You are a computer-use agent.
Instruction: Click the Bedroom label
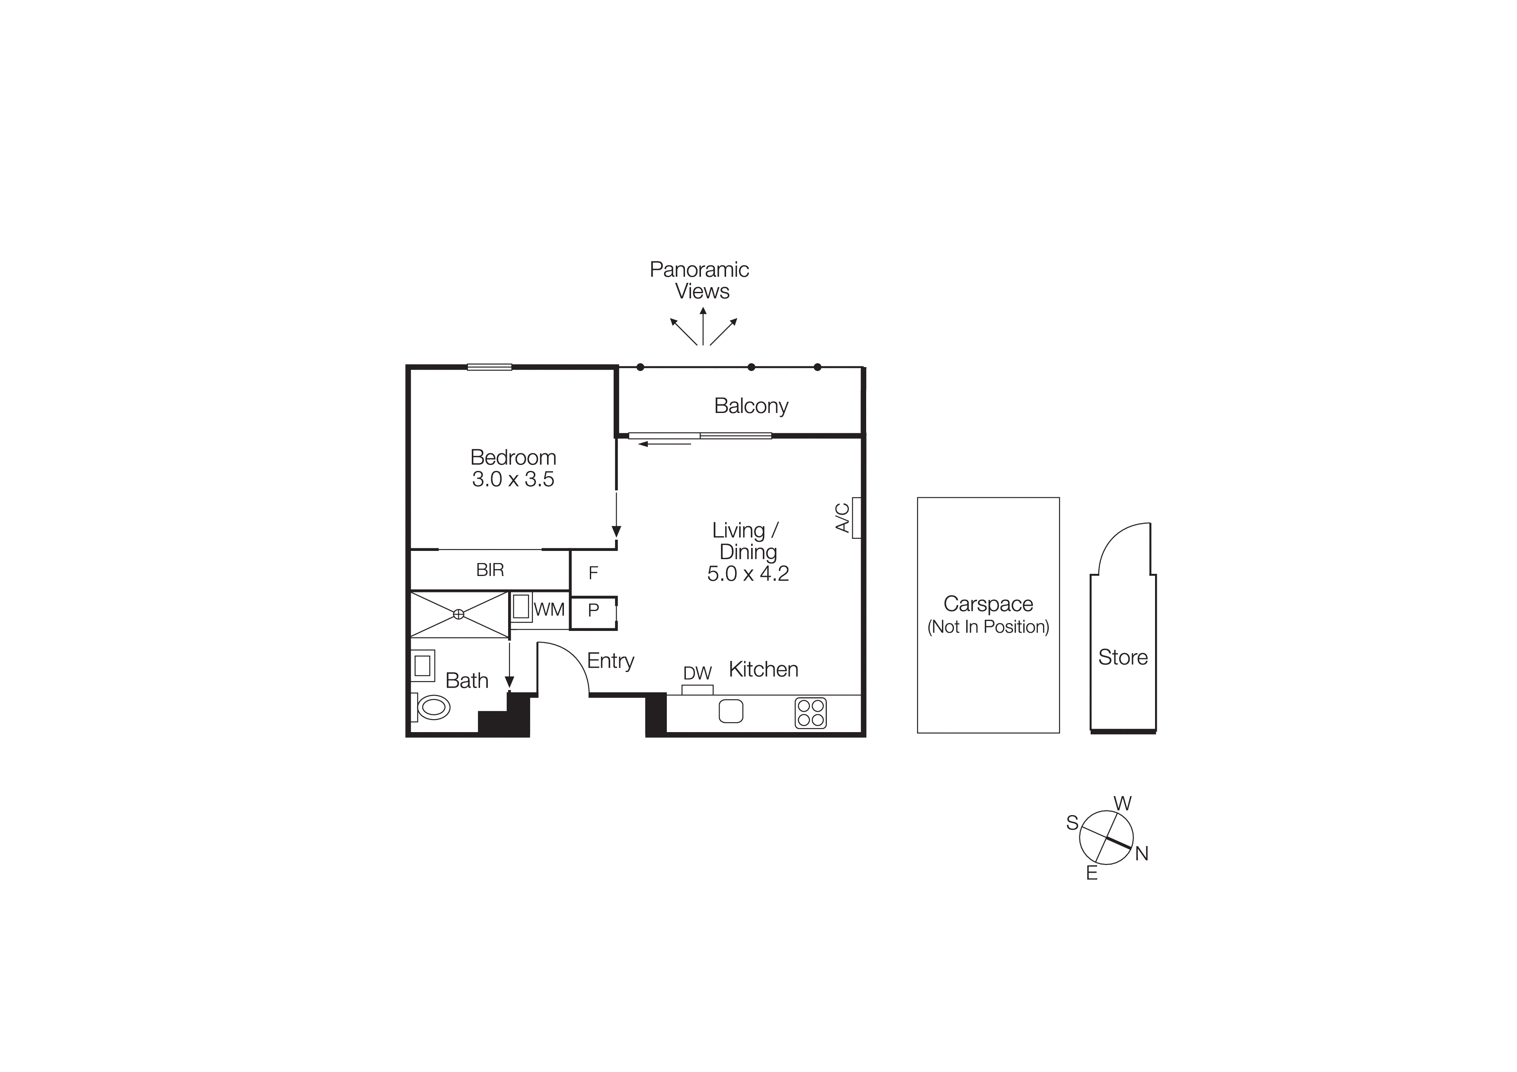pos(513,457)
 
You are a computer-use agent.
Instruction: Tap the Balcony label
pos(751,406)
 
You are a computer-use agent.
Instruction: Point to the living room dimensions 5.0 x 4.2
pos(748,573)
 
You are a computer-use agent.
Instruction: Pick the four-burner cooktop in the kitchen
pos(811,713)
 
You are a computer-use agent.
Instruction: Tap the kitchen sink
pos(731,711)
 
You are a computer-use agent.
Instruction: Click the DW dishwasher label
pos(697,673)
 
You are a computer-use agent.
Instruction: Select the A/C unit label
pos(842,518)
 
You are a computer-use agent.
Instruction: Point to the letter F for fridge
pos(593,573)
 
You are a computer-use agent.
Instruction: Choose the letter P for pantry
pos(593,610)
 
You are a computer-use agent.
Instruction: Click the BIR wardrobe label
pos(490,570)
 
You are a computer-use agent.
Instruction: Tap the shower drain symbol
pos(458,614)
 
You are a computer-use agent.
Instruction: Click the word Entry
pos(611,660)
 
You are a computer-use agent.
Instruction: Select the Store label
pos(1123,657)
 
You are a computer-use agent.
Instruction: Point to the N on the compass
pos(1142,853)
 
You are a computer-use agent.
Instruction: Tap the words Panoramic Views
pos(700,280)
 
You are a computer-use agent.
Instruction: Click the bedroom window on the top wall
pos(490,367)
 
